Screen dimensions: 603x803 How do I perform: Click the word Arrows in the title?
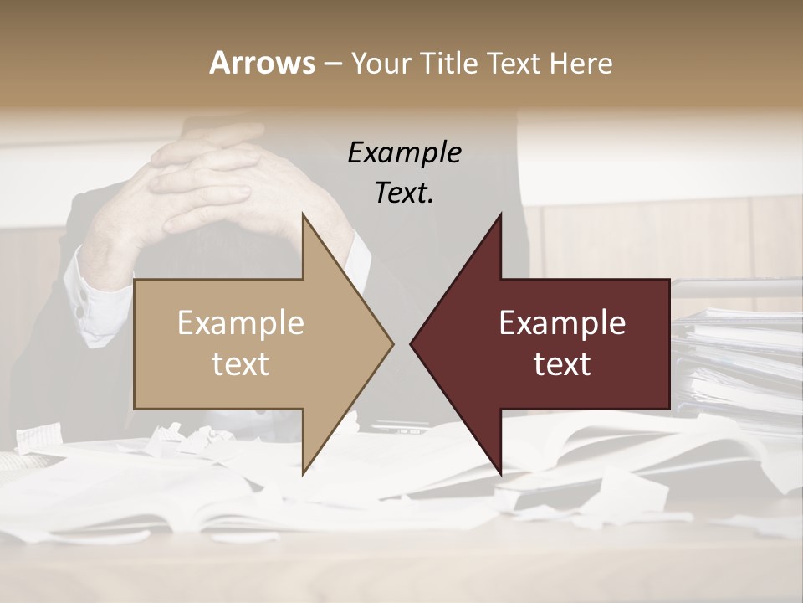coord(262,63)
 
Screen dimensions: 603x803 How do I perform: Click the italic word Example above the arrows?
coord(404,153)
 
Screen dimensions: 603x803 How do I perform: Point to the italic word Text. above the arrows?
coord(404,193)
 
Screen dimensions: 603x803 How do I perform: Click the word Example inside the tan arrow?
coord(241,323)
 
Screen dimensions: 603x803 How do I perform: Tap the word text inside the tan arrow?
coord(241,364)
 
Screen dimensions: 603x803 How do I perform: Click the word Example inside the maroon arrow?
coord(562,323)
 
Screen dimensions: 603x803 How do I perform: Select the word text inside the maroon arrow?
coord(562,364)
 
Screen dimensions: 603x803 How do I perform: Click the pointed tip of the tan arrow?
coord(392,343)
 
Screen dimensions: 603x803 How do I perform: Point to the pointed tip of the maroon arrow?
coord(412,343)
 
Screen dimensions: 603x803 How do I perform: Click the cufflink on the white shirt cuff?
coord(80,311)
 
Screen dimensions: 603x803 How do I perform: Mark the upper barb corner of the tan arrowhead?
coord(303,214)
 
